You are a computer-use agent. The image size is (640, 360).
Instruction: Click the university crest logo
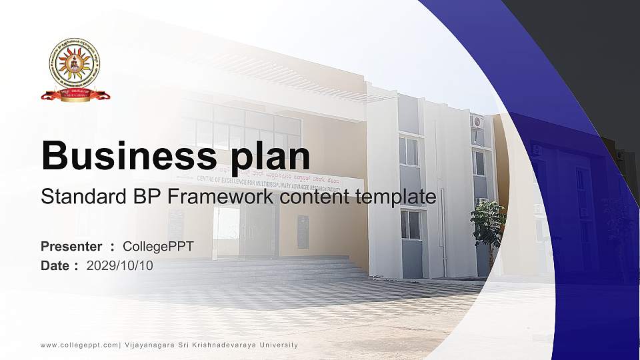[75, 70]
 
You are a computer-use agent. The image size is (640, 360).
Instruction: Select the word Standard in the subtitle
[74, 197]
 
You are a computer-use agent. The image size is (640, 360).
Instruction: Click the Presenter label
[71, 247]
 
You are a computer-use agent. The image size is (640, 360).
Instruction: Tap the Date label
[55, 265]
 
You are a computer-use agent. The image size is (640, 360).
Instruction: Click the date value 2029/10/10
[120, 265]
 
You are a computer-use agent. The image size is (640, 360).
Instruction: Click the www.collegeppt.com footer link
[79, 345]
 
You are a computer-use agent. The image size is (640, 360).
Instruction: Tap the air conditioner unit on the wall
[476, 121]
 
